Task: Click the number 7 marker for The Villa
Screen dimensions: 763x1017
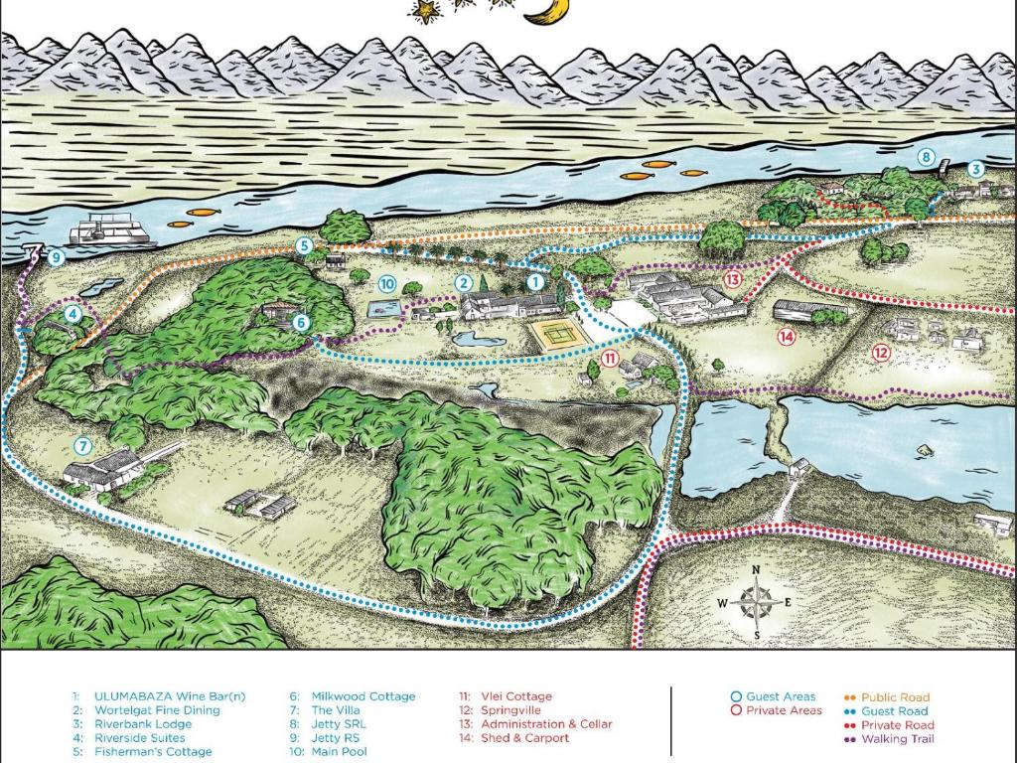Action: coord(82,446)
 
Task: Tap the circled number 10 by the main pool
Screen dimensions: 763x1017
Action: coord(386,284)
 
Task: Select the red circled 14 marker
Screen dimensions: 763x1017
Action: coord(787,337)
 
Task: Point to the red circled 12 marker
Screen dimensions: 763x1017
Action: coord(880,352)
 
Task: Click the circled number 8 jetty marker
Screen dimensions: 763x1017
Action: coord(926,156)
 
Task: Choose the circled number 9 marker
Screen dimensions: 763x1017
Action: coord(56,258)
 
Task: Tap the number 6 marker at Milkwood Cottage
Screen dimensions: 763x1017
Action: coord(301,322)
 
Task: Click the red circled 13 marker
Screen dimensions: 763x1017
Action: coord(733,279)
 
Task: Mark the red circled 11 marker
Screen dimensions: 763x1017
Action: coord(610,358)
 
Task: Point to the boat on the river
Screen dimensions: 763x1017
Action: coord(111,231)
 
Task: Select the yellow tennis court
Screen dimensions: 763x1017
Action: coord(558,332)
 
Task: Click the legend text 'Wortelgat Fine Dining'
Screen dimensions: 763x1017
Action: coord(157,710)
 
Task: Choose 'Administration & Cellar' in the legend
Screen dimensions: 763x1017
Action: coord(546,724)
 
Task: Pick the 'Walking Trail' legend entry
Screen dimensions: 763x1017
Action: coord(897,738)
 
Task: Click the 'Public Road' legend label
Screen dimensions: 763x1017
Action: coord(895,697)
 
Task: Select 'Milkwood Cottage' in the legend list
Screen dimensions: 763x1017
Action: coord(363,696)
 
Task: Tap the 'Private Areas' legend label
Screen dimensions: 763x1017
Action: coord(784,710)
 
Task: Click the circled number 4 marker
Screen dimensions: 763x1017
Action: coord(73,314)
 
